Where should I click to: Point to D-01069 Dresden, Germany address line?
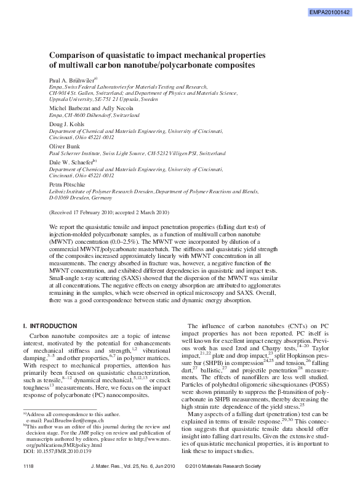(81, 199)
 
